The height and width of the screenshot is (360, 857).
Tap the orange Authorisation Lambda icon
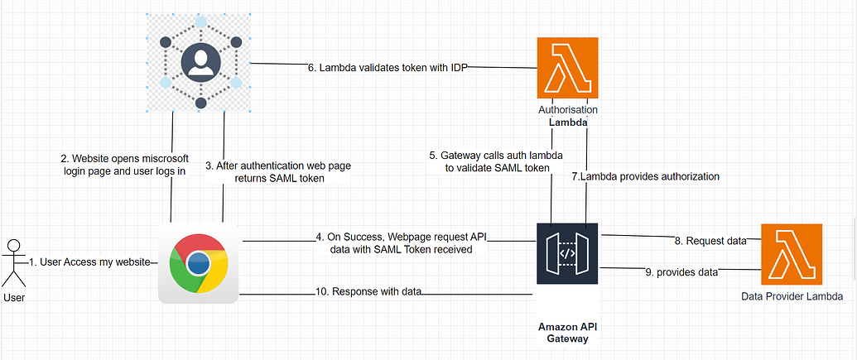[567, 68]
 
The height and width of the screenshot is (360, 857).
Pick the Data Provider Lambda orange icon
[792, 254]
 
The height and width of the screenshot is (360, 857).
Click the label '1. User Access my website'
[89, 262]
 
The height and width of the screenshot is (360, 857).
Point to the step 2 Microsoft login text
[124, 165]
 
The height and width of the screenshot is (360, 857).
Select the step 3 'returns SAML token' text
[277, 171]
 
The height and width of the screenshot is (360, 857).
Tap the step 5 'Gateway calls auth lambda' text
[489, 161]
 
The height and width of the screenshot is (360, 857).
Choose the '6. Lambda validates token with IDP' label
[388, 68]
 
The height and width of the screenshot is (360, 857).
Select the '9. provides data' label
[681, 271]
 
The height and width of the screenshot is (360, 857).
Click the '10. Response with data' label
[369, 291]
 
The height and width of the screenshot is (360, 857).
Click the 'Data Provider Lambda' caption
[792, 296]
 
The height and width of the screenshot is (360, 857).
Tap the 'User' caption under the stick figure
[13, 297]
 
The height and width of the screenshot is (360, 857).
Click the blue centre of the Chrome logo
[198, 263]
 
